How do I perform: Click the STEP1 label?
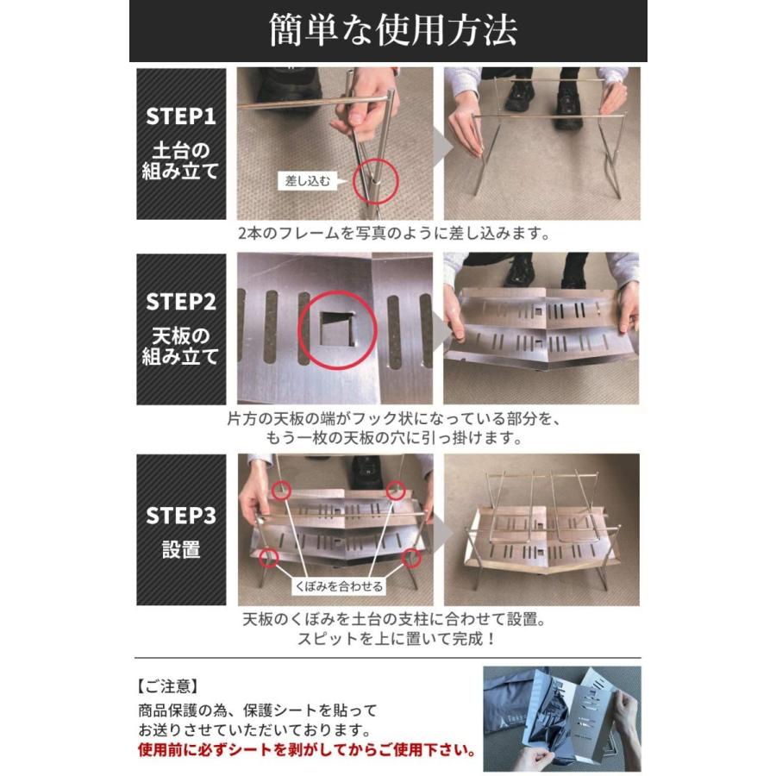180,116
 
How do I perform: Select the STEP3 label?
180,516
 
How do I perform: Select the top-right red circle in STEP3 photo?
396,490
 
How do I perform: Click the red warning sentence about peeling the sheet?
308,749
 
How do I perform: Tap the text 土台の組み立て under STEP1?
180,159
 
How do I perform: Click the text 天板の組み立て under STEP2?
180,345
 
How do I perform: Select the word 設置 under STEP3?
180,550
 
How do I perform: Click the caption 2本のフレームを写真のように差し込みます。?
394,234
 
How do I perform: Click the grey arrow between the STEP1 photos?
438,144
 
